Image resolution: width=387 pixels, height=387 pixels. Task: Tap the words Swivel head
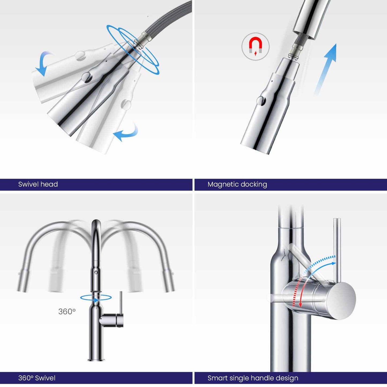tap(38, 184)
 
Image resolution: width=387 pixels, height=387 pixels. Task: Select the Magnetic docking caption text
tap(237, 185)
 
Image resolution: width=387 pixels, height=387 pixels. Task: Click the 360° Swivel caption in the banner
tap(37, 378)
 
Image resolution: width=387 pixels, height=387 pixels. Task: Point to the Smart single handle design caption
tap(253, 378)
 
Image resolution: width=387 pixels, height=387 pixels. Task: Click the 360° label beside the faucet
tap(67, 311)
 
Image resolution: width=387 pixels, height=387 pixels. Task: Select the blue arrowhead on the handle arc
tap(333, 263)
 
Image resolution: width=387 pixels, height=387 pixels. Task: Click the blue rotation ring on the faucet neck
tap(96, 298)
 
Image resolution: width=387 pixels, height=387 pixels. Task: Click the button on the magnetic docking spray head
tap(261, 100)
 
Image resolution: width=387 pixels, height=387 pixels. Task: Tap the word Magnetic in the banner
tap(222, 185)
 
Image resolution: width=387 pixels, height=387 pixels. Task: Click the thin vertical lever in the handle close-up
tap(337, 250)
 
